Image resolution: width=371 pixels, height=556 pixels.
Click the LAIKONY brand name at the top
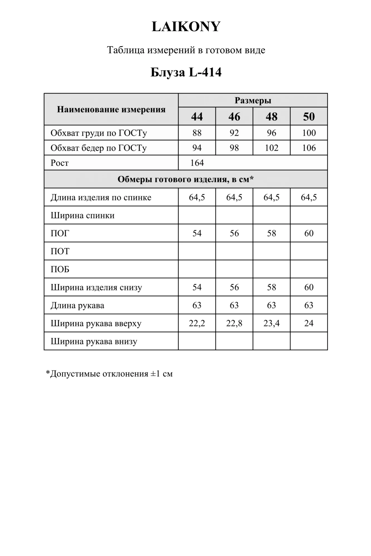click(x=186, y=27)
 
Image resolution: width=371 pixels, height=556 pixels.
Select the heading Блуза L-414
click(x=186, y=72)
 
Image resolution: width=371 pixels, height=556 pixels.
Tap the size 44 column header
click(x=197, y=116)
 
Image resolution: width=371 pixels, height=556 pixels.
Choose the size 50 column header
click(x=309, y=116)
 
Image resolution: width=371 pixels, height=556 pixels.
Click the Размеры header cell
click(x=253, y=100)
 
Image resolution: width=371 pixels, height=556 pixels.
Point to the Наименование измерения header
click(x=111, y=109)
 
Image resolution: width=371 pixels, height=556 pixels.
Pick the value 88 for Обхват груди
click(x=197, y=133)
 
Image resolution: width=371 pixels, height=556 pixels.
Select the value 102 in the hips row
click(x=271, y=148)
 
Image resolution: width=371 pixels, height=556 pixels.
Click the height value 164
click(x=197, y=163)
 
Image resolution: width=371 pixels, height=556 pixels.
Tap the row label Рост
click(x=60, y=163)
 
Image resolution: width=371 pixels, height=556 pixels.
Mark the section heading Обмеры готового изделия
click(x=186, y=179)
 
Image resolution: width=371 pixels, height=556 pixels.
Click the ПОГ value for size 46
click(x=234, y=233)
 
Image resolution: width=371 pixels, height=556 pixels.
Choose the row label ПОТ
click(x=60, y=251)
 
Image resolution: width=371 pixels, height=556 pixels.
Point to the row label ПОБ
click(x=60, y=269)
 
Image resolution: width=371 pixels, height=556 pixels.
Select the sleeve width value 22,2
click(x=197, y=323)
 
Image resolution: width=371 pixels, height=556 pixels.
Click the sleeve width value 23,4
click(x=271, y=323)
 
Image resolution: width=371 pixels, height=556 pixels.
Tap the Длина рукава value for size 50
click(x=309, y=305)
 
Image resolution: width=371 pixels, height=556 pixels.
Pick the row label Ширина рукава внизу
click(x=94, y=341)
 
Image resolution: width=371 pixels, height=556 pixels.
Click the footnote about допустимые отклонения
click(x=109, y=374)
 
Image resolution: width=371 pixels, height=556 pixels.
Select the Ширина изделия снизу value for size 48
click(x=271, y=287)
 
